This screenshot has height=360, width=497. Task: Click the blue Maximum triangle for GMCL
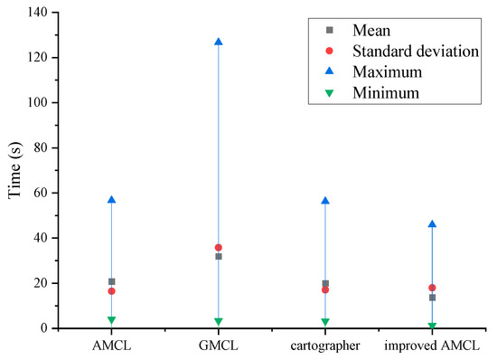(x=219, y=42)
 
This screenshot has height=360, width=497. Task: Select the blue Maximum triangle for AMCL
(x=111, y=200)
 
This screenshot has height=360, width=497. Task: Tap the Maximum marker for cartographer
(x=325, y=201)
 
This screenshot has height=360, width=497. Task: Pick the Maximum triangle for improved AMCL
(x=432, y=223)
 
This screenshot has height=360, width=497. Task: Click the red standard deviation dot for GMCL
(x=219, y=247)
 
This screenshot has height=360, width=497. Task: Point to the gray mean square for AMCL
(x=111, y=281)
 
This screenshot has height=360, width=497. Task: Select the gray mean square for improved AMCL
(x=432, y=298)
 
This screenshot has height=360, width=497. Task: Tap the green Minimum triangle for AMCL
(x=111, y=320)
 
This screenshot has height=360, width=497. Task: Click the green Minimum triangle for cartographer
(x=325, y=322)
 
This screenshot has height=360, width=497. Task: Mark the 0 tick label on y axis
(x=45, y=328)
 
